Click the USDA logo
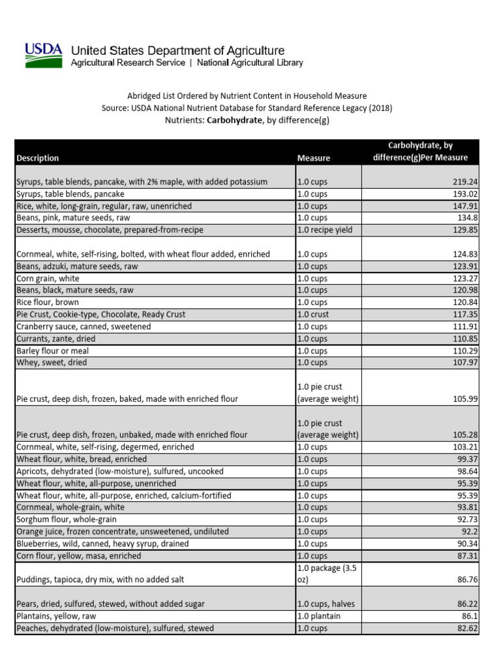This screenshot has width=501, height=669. (44, 55)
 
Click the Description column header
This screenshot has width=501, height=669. (37, 158)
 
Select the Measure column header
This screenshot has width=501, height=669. (313, 158)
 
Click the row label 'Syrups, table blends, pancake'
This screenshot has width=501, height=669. (70, 194)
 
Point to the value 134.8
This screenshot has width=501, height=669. (466, 218)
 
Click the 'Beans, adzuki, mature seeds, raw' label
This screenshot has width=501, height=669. (77, 267)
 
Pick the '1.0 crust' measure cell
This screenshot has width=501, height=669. (314, 314)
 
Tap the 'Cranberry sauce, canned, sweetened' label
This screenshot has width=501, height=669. (83, 327)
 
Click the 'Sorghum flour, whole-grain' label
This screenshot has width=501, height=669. (66, 519)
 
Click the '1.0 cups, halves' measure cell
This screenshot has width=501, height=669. (327, 604)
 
